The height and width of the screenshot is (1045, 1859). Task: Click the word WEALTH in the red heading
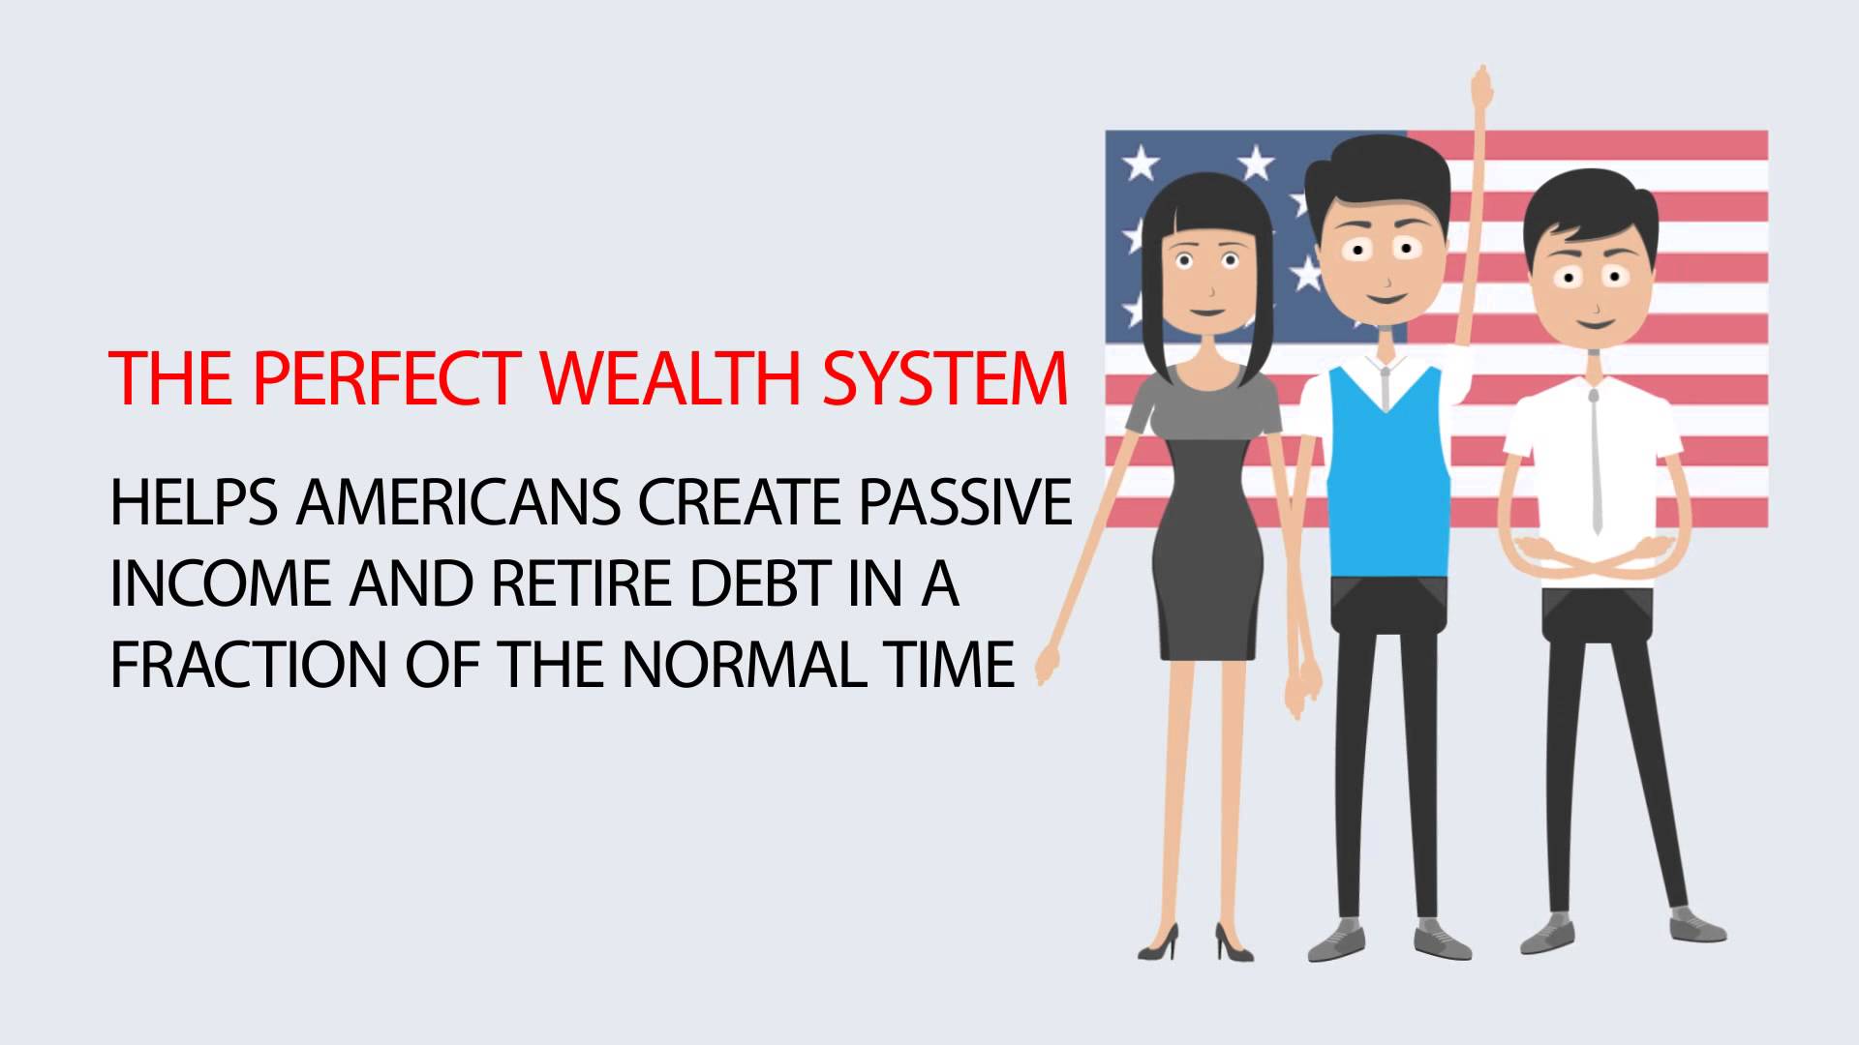(x=671, y=377)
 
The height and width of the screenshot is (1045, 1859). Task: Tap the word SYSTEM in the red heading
(x=945, y=377)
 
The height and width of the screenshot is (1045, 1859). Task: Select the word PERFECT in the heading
(x=386, y=377)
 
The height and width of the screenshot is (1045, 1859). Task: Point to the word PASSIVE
(x=965, y=502)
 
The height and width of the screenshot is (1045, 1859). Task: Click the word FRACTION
(x=249, y=665)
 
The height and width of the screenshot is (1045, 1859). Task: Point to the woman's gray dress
(x=1206, y=513)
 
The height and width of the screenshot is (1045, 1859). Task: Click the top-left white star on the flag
(x=1141, y=162)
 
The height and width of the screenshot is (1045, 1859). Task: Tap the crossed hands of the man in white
(x=1593, y=557)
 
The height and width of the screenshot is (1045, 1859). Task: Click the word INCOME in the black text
(x=222, y=583)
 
